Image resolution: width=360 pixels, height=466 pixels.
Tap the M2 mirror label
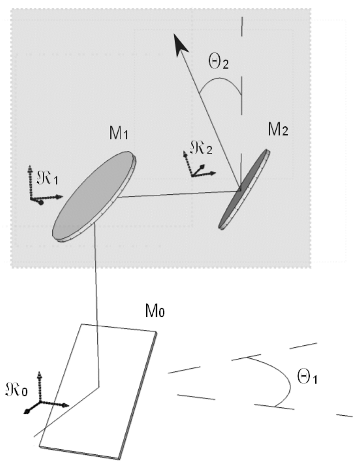(x=278, y=131)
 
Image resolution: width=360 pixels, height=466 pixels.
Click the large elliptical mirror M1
(x=93, y=196)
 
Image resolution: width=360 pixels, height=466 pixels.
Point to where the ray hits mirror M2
(x=239, y=190)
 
